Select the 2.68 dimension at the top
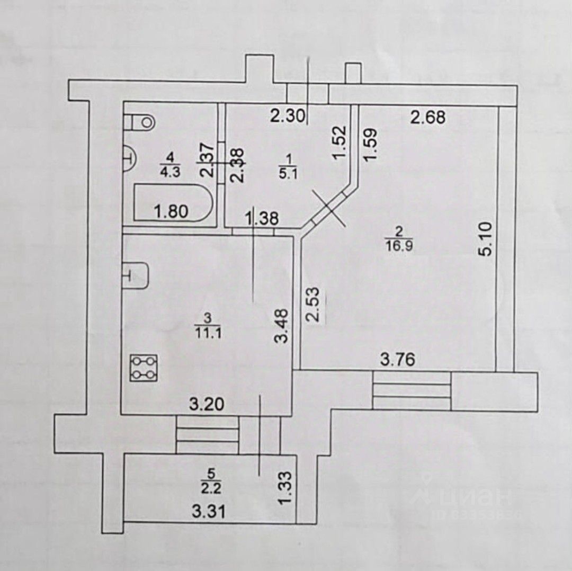(428, 117)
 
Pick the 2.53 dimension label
(314, 305)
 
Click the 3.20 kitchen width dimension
(207, 405)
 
